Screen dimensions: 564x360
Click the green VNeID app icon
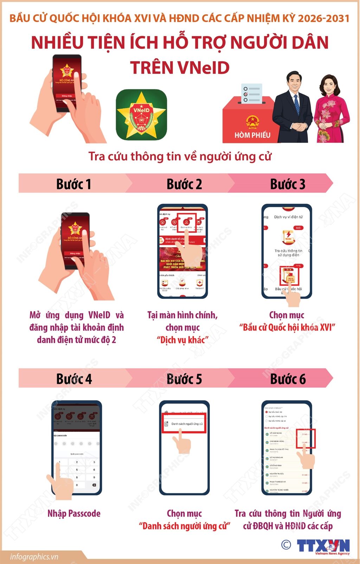click(141, 115)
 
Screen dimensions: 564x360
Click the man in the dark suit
click(293, 107)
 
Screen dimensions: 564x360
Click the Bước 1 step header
click(73, 184)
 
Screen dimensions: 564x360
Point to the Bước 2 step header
click(184, 184)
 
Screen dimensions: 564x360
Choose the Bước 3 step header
click(288, 184)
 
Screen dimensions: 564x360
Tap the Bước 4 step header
click(74, 379)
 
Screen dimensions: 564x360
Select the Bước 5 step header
click(184, 379)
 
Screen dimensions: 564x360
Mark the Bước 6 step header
click(288, 379)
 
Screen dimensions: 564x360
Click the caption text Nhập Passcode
click(74, 513)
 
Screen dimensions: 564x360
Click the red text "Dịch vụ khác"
click(182, 340)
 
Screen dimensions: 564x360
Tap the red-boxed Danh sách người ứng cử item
click(184, 424)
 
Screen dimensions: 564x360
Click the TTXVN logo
click(323, 546)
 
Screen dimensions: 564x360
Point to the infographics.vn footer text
click(34, 557)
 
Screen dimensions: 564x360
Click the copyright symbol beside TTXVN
click(286, 545)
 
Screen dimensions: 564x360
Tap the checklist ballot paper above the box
click(251, 94)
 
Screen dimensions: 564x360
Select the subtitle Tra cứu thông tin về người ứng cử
click(180, 156)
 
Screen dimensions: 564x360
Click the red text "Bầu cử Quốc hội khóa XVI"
click(287, 328)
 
